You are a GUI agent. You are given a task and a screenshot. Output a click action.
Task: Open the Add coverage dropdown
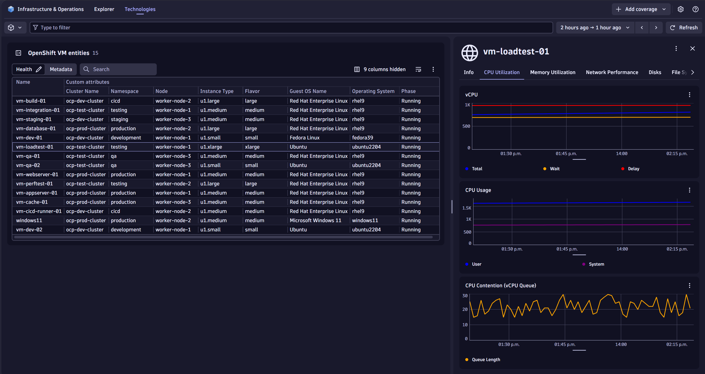pos(641,9)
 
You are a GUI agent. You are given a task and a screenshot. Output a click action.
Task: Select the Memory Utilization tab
pos(552,72)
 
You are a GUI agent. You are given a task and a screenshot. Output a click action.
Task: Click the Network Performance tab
pos(612,72)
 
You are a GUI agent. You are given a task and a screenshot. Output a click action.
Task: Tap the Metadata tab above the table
pos(61,69)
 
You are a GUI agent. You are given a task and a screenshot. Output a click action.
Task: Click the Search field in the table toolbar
pos(120,69)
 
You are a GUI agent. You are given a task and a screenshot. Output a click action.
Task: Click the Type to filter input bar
pos(290,27)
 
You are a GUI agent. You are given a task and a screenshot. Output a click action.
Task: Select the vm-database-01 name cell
pos(36,128)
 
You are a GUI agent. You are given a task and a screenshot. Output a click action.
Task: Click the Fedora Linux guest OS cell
pos(304,138)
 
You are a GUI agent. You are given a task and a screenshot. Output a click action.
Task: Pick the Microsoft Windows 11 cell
pos(315,220)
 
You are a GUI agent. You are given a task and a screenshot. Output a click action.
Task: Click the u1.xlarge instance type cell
pos(211,147)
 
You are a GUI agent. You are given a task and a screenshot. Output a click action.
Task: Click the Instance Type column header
pos(216,91)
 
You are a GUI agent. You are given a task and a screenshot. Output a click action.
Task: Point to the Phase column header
pos(408,91)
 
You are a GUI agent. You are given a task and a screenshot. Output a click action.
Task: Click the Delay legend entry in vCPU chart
pos(633,169)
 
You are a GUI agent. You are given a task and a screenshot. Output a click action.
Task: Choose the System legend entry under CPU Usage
pos(596,264)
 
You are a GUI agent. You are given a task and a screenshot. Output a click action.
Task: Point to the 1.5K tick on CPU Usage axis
pos(467,208)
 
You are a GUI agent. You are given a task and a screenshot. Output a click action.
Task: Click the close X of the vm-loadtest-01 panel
pos(692,48)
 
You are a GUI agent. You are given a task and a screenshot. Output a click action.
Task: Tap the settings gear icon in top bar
pos(680,9)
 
